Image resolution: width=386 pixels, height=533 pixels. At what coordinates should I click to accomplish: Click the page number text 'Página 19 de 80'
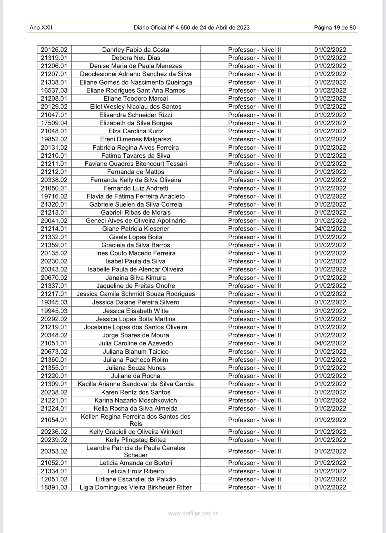click(x=335, y=28)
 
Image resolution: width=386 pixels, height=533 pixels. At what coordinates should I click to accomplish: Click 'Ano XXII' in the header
click(x=41, y=28)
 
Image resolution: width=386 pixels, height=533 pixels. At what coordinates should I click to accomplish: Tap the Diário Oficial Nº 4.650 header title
click(x=191, y=28)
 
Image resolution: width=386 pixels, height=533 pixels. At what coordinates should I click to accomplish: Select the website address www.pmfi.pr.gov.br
click(x=193, y=513)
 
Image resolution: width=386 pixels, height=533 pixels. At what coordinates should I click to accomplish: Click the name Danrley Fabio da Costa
click(x=135, y=50)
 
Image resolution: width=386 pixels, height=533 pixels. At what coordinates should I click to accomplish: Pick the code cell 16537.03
click(x=54, y=90)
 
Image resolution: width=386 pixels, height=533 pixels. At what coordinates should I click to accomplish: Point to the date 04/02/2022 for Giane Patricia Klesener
click(x=330, y=229)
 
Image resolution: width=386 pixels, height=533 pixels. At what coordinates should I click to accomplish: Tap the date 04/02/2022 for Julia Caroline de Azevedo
click(x=330, y=343)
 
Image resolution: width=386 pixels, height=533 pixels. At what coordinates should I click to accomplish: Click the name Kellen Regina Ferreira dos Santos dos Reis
click(x=135, y=420)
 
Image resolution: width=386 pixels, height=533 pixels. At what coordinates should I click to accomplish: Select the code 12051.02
click(x=54, y=479)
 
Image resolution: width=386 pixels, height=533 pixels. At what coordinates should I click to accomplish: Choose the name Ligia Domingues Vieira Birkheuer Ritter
click(x=135, y=487)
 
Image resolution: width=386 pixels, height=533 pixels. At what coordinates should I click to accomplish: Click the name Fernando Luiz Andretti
click(x=135, y=188)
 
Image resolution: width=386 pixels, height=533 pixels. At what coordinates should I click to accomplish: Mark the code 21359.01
click(x=54, y=245)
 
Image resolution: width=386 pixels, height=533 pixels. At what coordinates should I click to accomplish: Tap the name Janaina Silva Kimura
click(x=135, y=277)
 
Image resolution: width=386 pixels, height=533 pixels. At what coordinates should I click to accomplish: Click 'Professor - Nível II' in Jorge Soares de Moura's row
click(x=254, y=335)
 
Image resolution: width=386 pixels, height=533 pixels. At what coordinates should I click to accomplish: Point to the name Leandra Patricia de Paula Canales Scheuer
click(x=135, y=451)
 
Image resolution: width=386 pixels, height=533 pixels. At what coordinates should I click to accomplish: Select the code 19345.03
click(x=54, y=302)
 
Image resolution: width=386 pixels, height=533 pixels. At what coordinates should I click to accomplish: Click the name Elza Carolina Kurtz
click(x=135, y=131)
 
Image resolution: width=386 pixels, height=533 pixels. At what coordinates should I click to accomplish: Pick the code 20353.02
click(x=54, y=451)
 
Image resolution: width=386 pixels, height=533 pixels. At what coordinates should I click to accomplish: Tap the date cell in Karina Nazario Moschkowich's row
click(x=330, y=400)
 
